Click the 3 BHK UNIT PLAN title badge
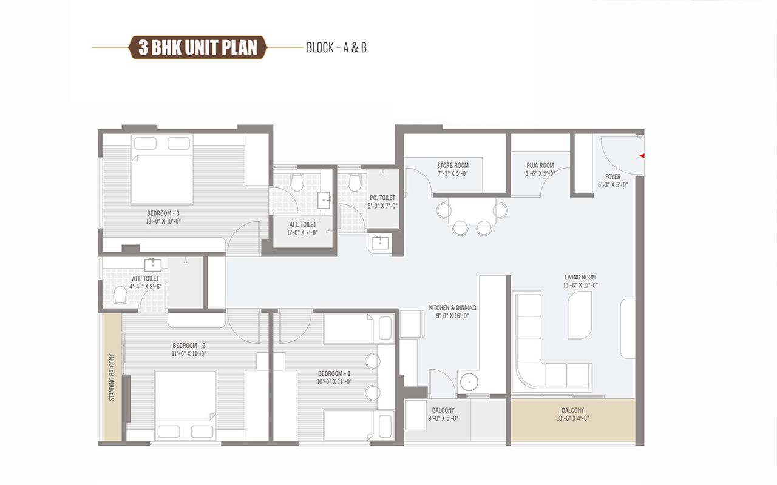(198, 47)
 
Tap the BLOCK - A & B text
(336, 48)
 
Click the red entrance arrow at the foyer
(641, 156)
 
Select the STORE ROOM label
(452, 166)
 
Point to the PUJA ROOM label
(539, 166)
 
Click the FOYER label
(612, 177)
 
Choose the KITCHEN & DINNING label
(452, 307)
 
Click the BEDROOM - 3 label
(163, 213)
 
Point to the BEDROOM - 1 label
(334, 373)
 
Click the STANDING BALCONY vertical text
(112, 377)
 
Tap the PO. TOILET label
(382, 198)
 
